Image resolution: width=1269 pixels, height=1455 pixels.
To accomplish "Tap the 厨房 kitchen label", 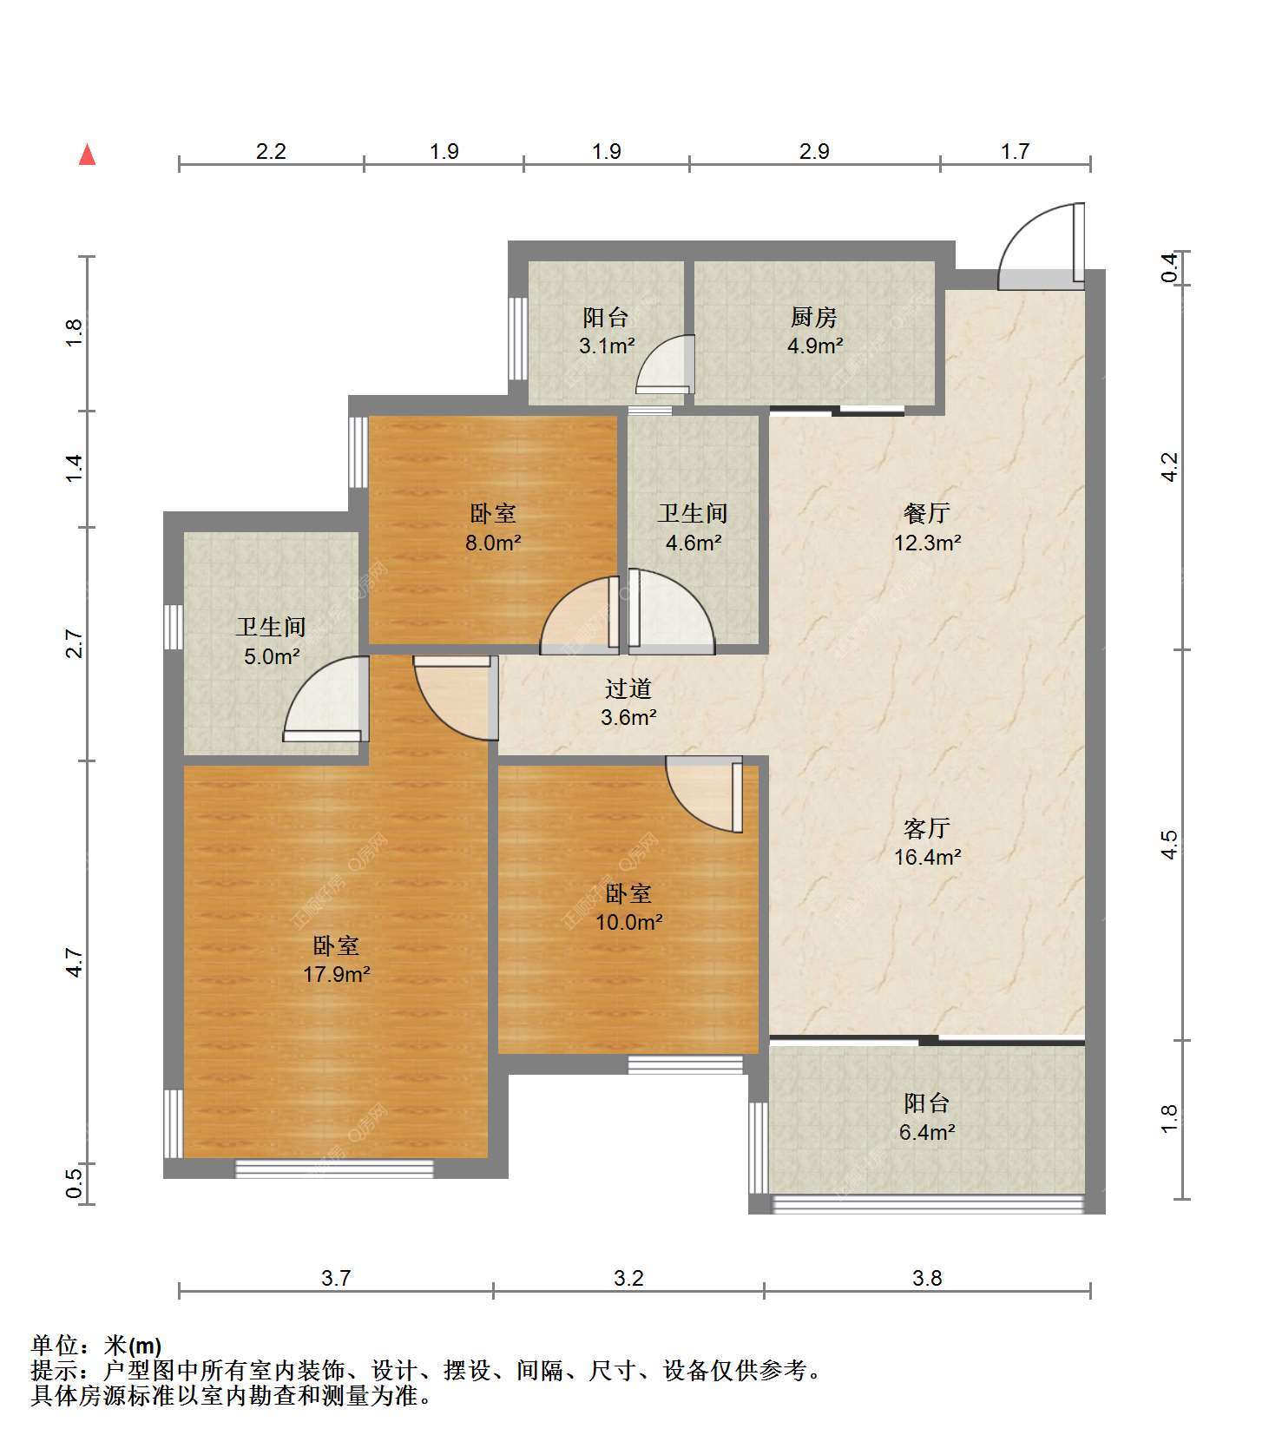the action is coord(814,318).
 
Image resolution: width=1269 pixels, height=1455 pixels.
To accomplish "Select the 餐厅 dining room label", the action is coord(926,513).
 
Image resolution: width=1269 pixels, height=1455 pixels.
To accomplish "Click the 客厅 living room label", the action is coord(926,828).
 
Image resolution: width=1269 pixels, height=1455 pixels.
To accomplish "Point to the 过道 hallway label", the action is coord(628,688).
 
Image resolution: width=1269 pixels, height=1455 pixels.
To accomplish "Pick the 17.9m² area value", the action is coord(337,974).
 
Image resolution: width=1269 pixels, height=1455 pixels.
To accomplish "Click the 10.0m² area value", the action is coord(629,922).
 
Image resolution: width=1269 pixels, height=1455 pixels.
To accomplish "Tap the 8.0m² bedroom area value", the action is coord(493,543).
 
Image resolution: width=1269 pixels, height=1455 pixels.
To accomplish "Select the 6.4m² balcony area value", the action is coord(927,1132).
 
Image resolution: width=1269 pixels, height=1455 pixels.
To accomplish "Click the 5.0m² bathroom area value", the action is coord(272,656).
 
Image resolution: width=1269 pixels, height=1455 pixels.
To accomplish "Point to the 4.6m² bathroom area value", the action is coord(693,543).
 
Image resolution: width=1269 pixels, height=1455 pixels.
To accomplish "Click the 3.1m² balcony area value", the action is coord(607,346).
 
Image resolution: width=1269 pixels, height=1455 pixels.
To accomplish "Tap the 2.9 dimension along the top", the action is coord(814,151).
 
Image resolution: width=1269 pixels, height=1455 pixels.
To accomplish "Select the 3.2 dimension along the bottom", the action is coord(628,1278).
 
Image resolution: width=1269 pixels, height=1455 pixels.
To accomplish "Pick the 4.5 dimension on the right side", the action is coord(1169,845).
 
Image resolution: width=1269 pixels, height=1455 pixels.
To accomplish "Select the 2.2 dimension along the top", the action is coord(271,151).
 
